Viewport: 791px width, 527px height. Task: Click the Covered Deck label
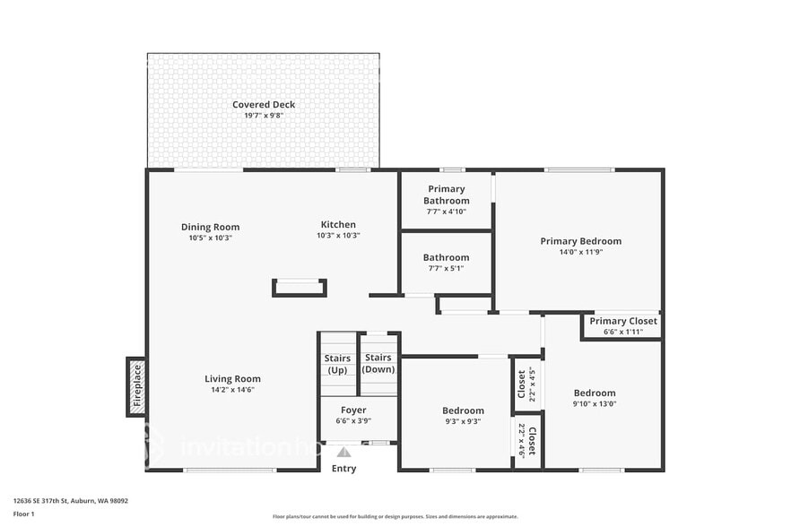pyautogui.click(x=264, y=105)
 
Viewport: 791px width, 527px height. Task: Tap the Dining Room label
pyautogui.click(x=210, y=227)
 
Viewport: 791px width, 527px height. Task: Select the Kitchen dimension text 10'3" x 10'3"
pyautogui.click(x=338, y=236)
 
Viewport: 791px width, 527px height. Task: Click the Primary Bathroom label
pyautogui.click(x=446, y=194)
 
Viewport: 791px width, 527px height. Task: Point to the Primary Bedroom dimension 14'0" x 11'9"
pyautogui.click(x=580, y=252)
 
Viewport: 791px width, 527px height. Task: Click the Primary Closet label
pyautogui.click(x=622, y=321)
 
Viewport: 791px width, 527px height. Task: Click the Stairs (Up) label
pyautogui.click(x=337, y=364)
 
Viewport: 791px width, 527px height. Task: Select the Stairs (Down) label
pyautogui.click(x=378, y=363)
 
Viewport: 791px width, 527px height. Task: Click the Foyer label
pyautogui.click(x=353, y=410)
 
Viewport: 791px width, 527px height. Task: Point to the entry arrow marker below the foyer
pyautogui.click(x=343, y=453)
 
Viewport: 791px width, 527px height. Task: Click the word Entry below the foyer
pyautogui.click(x=343, y=469)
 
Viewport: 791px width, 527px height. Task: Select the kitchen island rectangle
pyautogui.click(x=299, y=288)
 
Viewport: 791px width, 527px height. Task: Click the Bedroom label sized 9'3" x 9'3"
pyautogui.click(x=464, y=410)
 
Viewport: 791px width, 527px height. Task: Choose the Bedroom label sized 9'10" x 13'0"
pyautogui.click(x=595, y=393)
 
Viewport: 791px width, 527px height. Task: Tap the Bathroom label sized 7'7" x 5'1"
pyautogui.click(x=446, y=257)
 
